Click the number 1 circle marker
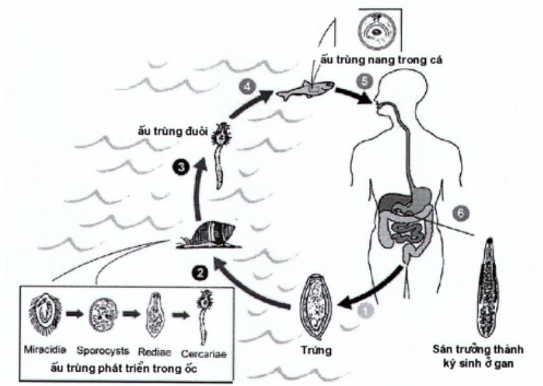366,312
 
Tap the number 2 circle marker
202,274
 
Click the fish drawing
305,91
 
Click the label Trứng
318,351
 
